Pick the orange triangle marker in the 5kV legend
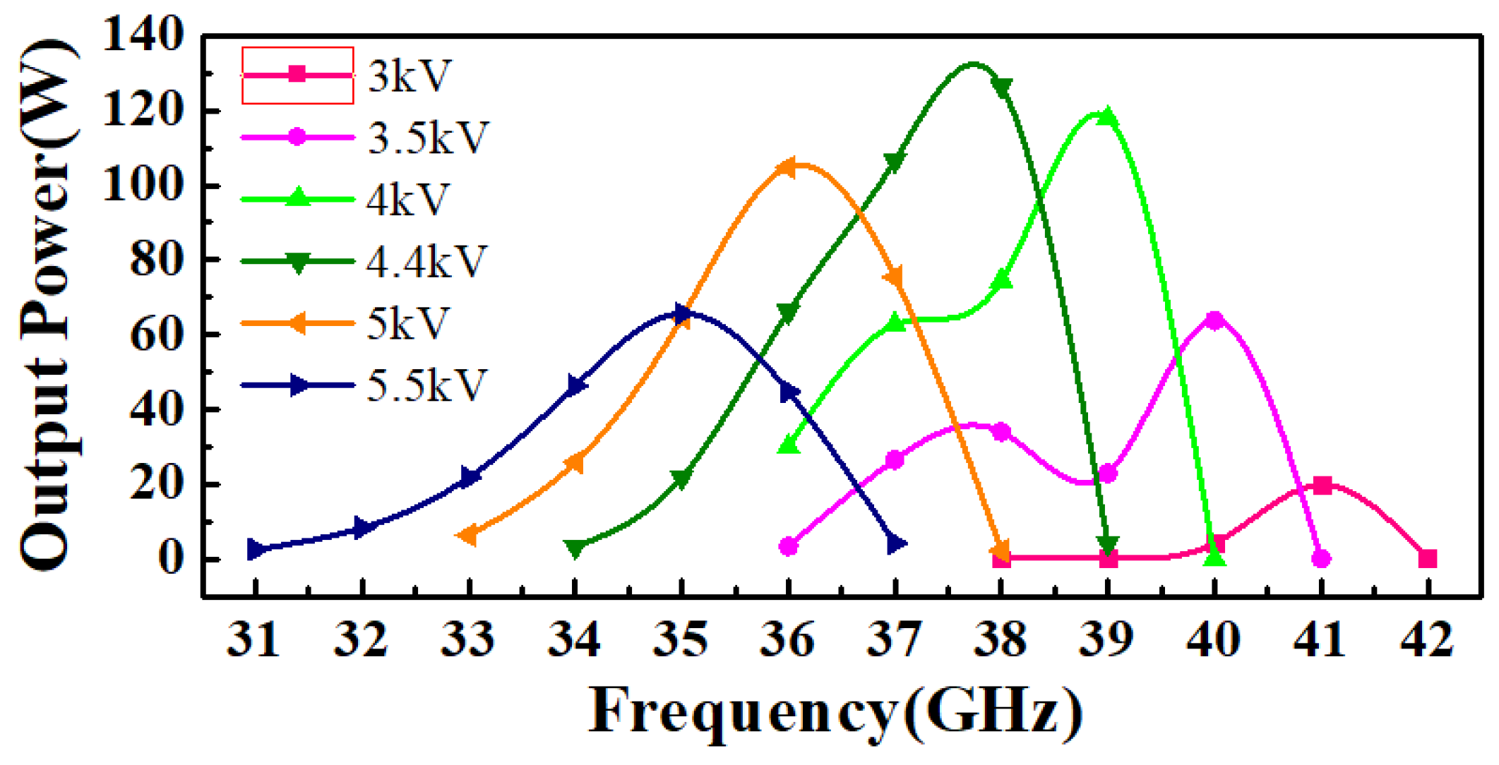point(298,324)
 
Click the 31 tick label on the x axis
point(253,639)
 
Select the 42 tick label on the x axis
point(1426,639)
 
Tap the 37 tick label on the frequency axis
point(894,639)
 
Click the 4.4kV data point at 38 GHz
point(1001,87)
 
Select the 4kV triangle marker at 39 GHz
point(1107,116)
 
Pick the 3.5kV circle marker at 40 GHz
point(1214,320)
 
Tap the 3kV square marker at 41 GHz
point(1322,486)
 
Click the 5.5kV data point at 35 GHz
point(681,314)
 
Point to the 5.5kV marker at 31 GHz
point(256,549)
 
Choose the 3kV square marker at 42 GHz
point(1427,559)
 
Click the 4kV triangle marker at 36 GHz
point(789,445)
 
